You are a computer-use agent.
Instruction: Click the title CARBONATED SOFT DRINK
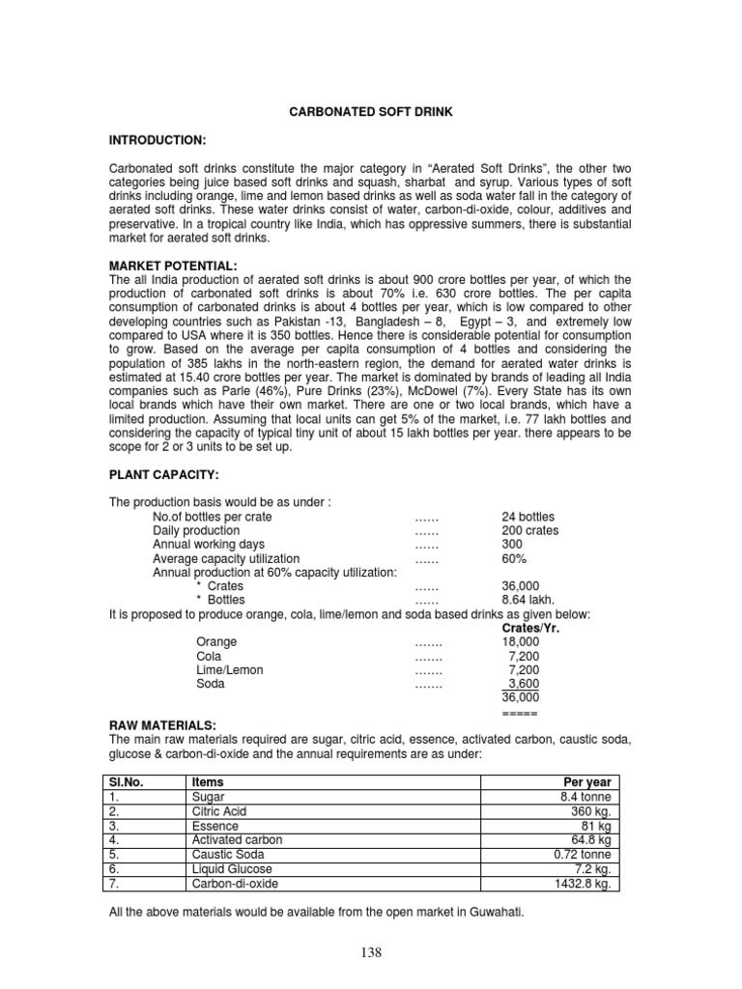pyautogui.click(x=371, y=113)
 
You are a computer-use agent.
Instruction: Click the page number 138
pyautogui.click(x=371, y=953)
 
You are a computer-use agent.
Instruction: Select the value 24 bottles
pyautogui.click(x=528, y=517)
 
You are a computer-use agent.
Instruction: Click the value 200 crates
pyautogui.click(x=529, y=531)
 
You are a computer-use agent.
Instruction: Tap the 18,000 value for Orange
pyautogui.click(x=521, y=642)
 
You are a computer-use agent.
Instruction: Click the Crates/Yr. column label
pyautogui.click(x=531, y=628)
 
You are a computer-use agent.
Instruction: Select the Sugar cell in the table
pyautogui.click(x=209, y=797)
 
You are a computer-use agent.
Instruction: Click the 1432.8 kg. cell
pyautogui.click(x=584, y=884)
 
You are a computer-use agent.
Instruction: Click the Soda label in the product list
pyautogui.click(x=210, y=684)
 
